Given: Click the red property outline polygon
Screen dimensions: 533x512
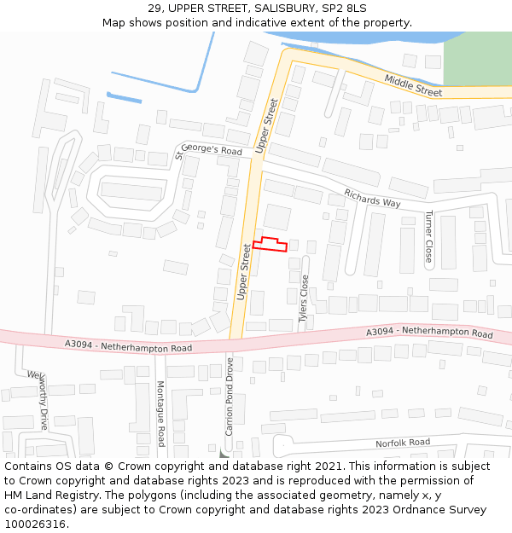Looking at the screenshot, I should coord(270,245).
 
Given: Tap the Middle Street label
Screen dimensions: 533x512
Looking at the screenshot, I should coord(413,84).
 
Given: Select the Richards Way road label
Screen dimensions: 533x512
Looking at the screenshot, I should coord(372,198).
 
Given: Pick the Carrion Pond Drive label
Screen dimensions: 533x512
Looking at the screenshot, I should coord(230,397).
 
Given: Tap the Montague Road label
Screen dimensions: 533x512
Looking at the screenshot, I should coord(160,414).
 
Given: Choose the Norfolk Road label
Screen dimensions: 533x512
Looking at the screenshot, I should coord(403,443).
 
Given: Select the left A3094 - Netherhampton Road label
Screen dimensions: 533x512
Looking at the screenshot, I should coord(128,346).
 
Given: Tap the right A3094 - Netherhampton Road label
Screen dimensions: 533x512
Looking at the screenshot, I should coord(429,332).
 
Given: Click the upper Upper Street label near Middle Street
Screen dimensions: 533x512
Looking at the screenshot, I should coord(267,126).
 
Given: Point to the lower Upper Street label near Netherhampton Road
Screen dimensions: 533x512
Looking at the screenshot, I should coord(243,272).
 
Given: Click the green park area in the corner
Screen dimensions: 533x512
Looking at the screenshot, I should coord(477,58).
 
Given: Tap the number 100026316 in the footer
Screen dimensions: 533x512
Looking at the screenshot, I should coord(36,524).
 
